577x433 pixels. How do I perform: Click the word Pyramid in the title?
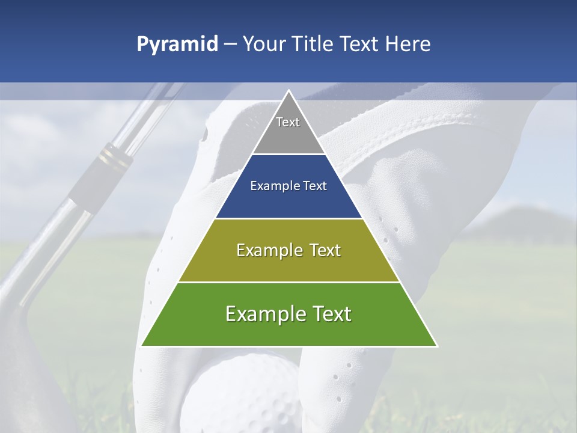tap(177, 45)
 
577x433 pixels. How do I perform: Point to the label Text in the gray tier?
tap(288, 122)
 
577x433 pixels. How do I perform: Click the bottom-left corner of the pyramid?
tap(142, 346)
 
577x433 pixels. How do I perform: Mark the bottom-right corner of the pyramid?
tap(437, 346)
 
